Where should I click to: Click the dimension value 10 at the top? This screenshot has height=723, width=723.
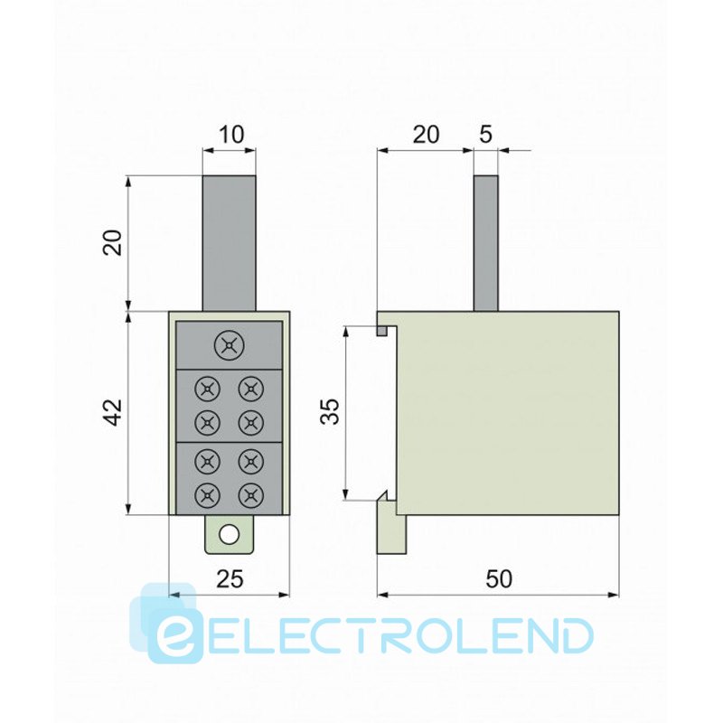230,135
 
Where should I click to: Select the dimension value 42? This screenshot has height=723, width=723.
112,413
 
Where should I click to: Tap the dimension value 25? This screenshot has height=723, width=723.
230,579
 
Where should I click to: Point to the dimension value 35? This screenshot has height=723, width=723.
330,411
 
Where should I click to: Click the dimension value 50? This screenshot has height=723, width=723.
499,579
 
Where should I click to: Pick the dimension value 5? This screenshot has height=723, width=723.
486,135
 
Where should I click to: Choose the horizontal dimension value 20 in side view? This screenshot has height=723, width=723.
426,135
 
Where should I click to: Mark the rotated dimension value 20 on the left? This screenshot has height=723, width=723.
112,242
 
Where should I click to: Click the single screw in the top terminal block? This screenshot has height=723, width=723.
230,345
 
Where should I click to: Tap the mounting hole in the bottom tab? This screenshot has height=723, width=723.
230,535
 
